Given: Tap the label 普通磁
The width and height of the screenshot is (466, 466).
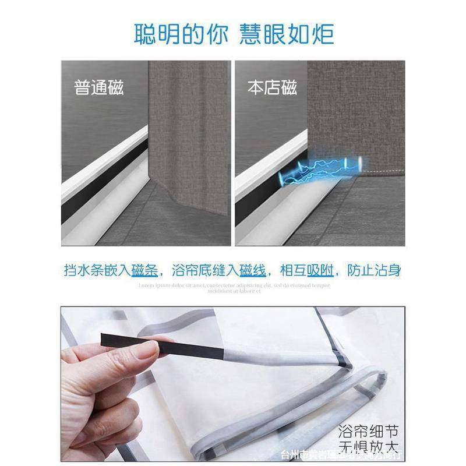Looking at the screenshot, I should pyautogui.click(x=99, y=89).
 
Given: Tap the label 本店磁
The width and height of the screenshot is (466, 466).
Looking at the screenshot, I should pyautogui.click(x=272, y=89).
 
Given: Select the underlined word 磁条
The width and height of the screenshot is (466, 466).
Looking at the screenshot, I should pyautogui.click(x=145, y=271).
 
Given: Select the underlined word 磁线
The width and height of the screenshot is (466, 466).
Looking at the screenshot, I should pyautogui.click(x=254, y=271).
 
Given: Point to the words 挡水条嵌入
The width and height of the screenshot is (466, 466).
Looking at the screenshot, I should pyautogui.click(x=97, y=271).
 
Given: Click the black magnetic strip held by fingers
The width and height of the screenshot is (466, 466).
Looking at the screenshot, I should pyautogui.click(x=163, y=345).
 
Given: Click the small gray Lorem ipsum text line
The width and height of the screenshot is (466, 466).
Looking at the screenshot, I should pyautogui.click(x=233, y=285).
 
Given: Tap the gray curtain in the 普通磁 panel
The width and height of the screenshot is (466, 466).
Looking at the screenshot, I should pyautogui.click(x=189, y=128).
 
